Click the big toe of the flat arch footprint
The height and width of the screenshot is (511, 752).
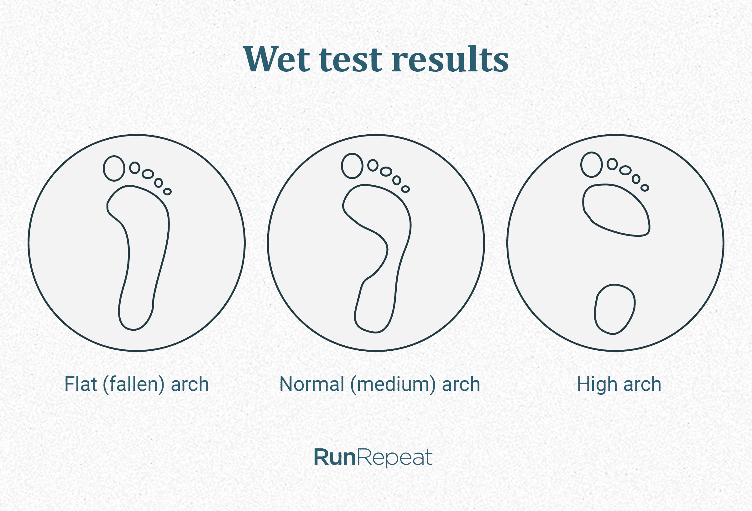tap(114, 168)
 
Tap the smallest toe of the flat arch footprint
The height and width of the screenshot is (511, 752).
tap(167, 191)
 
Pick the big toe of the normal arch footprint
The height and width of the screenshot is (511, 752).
tap(352, 166)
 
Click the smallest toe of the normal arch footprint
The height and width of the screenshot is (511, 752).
tap(405, 189)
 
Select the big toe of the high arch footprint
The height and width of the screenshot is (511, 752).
tap(591, 165)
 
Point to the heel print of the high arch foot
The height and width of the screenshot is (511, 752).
tap(614, 309)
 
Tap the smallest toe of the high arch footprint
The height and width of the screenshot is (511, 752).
tap(645, 188)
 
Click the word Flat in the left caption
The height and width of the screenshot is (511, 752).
tap(81, 384)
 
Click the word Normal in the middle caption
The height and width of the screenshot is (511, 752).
tap(311, 384)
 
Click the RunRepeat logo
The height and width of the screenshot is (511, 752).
tap(373, 457)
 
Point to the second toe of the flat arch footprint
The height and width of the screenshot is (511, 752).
tap(135, 168)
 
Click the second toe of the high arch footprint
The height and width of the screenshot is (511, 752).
tap(612, 164)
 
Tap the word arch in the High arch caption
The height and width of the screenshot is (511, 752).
tap(642, 384)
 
